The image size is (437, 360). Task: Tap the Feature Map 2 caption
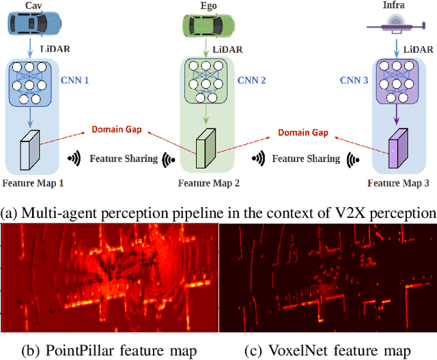point(208,183)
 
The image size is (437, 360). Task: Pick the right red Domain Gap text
point(302,132)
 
